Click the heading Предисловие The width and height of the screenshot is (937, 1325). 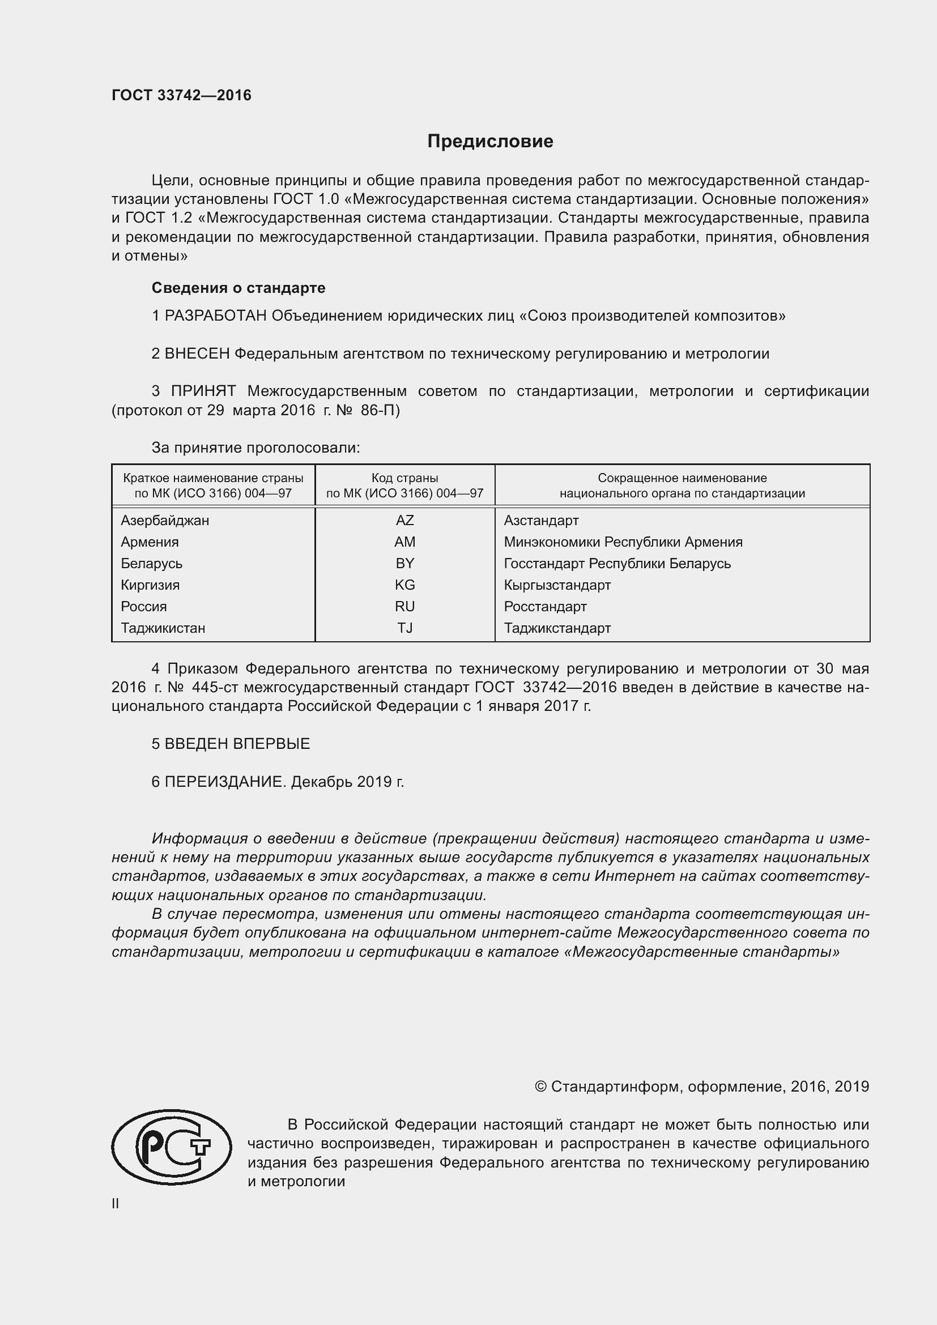tap(490, 142)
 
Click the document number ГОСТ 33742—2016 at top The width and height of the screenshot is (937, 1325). tap(182, 95)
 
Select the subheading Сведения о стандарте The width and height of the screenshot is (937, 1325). tap(238, 287)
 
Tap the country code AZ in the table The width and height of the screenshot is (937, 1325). tap(404, 520)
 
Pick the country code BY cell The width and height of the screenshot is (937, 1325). tap(404, 563)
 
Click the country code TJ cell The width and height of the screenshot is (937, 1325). tap(404, 628)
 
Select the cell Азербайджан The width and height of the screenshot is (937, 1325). tap(165, 520)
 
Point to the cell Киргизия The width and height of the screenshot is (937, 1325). tap(150, 585)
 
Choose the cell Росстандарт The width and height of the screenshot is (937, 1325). tap(545, 607)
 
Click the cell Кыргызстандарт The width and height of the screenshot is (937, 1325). tap(557, 585)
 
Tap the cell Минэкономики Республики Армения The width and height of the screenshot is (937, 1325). tap(623, 542)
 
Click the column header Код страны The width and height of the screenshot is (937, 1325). tap(404, 478)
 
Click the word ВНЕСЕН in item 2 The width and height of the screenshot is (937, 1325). tap(197, 353)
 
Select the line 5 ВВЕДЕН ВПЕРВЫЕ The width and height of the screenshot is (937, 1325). tap(231, 743)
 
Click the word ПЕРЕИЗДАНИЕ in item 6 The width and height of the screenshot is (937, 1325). tap(225, 781)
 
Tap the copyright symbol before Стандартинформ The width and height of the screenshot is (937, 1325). tap(540, 1087)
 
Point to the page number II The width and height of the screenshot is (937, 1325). tap(116, 1204)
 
